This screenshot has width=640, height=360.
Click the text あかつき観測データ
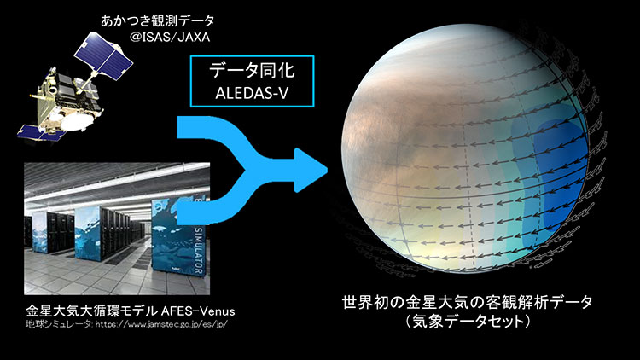[x=158, y=20]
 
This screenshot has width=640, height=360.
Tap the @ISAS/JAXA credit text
[x=170, y=38]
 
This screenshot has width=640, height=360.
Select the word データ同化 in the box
[x=252, y=70]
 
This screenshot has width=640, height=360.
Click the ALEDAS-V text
[x=252, y=93]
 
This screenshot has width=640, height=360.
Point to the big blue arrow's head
[x=311, y=171]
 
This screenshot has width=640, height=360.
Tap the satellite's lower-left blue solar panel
[x=38, y=132]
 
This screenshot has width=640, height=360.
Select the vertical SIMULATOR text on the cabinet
[x=199, y=251]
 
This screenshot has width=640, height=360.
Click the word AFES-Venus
[x=198, y=311]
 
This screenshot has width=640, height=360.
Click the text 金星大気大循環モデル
[x=92, y=311]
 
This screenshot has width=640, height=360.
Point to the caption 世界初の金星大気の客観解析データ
[x=467, y=303]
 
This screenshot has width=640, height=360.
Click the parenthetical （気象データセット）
[x=468, y=322]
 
